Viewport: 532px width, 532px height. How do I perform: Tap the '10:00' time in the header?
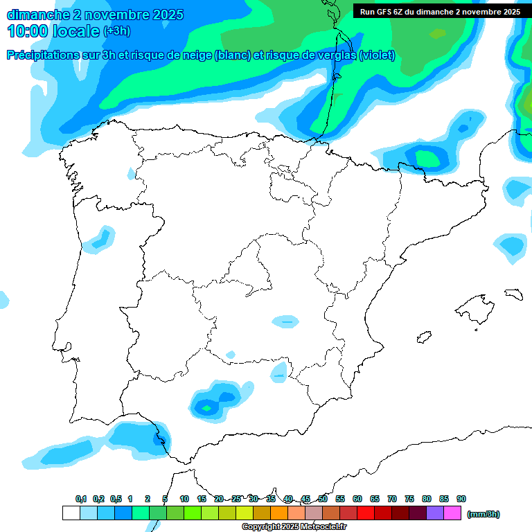27,31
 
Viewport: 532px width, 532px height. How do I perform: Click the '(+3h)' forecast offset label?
116,31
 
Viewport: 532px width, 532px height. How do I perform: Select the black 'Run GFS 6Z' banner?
440,12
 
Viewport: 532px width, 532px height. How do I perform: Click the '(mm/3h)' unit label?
483,514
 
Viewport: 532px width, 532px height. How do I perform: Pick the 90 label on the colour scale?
461,499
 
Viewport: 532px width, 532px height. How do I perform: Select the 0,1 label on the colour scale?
81,499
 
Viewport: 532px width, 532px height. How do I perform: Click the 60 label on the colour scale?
357,499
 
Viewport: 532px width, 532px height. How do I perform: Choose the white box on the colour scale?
71,513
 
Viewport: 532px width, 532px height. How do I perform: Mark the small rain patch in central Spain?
285,321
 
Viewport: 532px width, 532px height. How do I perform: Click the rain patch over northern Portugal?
102,238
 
